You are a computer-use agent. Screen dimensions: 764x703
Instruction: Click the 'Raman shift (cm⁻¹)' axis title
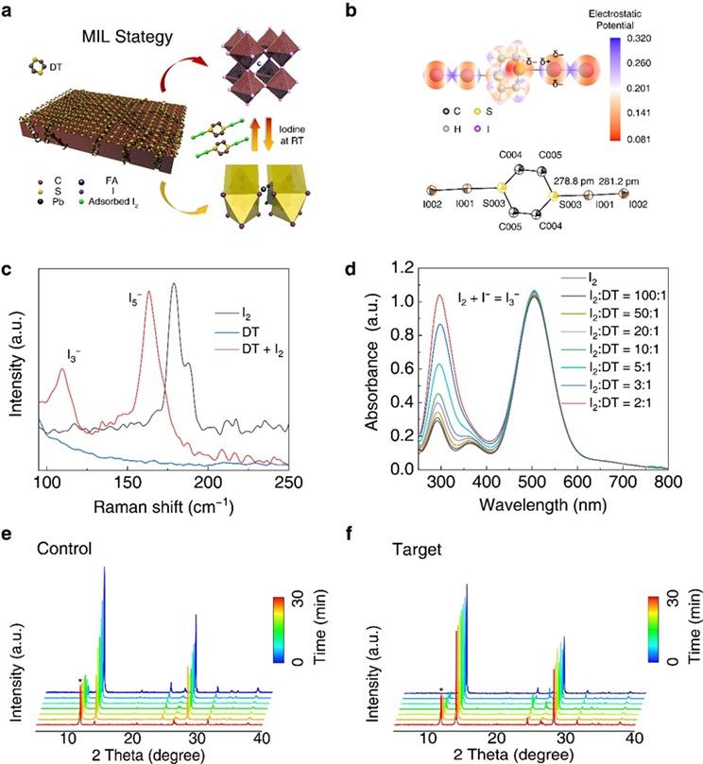point(163,506)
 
